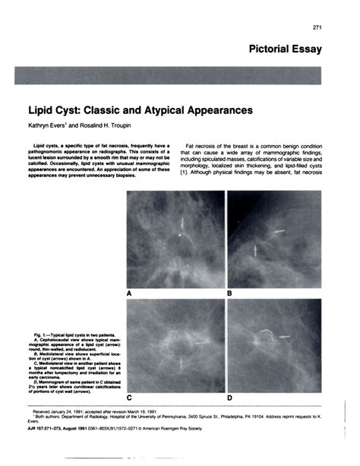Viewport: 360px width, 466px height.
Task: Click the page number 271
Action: [319, 28]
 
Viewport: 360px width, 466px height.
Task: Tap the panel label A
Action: [130, 293]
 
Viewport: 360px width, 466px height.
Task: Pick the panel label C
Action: [130, 398]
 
